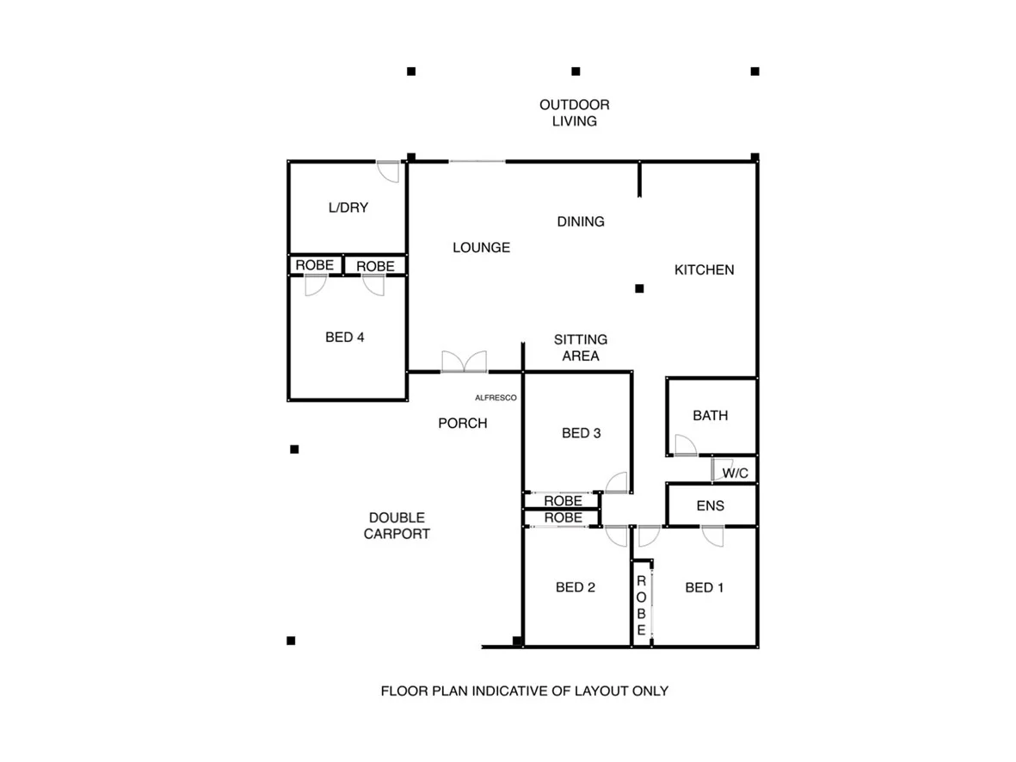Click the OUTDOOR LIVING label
point(574,113)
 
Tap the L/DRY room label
point(348,208)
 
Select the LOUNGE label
point(481,248)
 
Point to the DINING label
point(581,221)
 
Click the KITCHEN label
point(704,269)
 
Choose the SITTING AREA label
point(581,348)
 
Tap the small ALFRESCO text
point(496,398)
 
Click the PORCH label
point(462,423)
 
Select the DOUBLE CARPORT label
point(397,525)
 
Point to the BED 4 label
point(344,338)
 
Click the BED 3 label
point(581,433)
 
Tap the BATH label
point(710,416)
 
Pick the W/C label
point(734,473)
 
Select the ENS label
point(710,506)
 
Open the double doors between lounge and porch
point(464,362)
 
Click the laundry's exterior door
point(388,170)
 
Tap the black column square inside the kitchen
point(639,288)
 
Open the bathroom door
point(685,446)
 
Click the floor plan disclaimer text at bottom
point(524,691)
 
